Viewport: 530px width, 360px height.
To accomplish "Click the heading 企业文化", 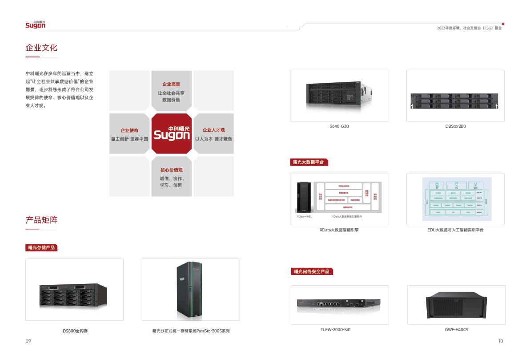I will pyautogui.click(x=41, y=48).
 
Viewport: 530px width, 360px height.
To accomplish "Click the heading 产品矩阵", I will pyautogui.click(x=41, y=220).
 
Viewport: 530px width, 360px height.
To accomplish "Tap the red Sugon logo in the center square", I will pyautogui.click(x=172, y=133).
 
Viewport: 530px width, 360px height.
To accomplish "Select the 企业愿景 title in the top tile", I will pyautogui.click(x=171, y=84).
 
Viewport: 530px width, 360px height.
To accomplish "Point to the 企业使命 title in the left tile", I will pyautogui.click(x=129, y=130).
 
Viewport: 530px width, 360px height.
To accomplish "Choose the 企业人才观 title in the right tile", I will pyautogui.click(x=213, y=130).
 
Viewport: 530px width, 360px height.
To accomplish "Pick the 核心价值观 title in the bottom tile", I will pyautogui.click(x=171, y=170).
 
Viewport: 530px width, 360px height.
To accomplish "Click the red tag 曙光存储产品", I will pyautogui.click(x=41, y=247).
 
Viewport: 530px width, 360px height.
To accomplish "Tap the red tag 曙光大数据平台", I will pyautogui.click(x=309, y=162).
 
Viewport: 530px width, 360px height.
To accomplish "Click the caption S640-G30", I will pyautogui.click(x=339, y=126).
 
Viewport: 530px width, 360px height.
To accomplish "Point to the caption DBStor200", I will pyautogui.click(x=455, y=126).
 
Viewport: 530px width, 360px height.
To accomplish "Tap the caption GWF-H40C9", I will pyautogui.click(x=456, y=330).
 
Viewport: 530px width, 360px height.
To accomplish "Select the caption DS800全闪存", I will pyautogui.click(x=75, y=331).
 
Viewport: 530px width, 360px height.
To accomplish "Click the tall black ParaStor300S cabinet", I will pyautogui.click(x=190, y=289).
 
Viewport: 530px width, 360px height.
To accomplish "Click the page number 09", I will pyautogui.click(x=28, y=341).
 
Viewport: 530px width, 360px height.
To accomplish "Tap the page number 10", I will pyautogui.click(x=501, y=341).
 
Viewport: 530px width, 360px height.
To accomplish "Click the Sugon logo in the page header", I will pyautogui.click(x=35, y=25).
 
